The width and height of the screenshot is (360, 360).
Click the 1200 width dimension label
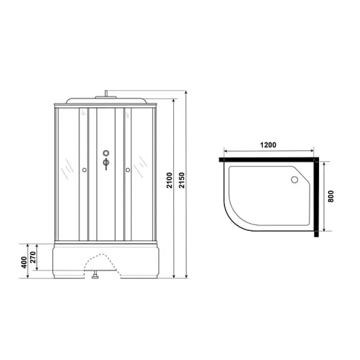pyautogui.click(x=268, y=145)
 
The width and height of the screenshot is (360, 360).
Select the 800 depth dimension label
pyautogui.click(x=331, y=196)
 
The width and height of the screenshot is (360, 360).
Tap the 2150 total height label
pyautogui.click(x=182, y=180)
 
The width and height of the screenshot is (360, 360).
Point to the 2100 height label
pyautogui.click(x=169, y=180)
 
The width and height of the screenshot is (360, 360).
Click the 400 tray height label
pyautogui.click(x=24, y=262)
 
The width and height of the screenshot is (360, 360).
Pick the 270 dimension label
pyautogui.click(x=33, y=257)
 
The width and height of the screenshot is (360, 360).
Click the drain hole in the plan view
pyautogui.click(x=294, y=180)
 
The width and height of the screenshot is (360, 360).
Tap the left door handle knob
pyautogui.click(x=84, y=170)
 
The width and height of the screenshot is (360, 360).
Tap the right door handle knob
pyautogui.click(x=128, y=170)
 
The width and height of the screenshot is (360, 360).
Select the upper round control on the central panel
pyautogui.click(x=106, y=153)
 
